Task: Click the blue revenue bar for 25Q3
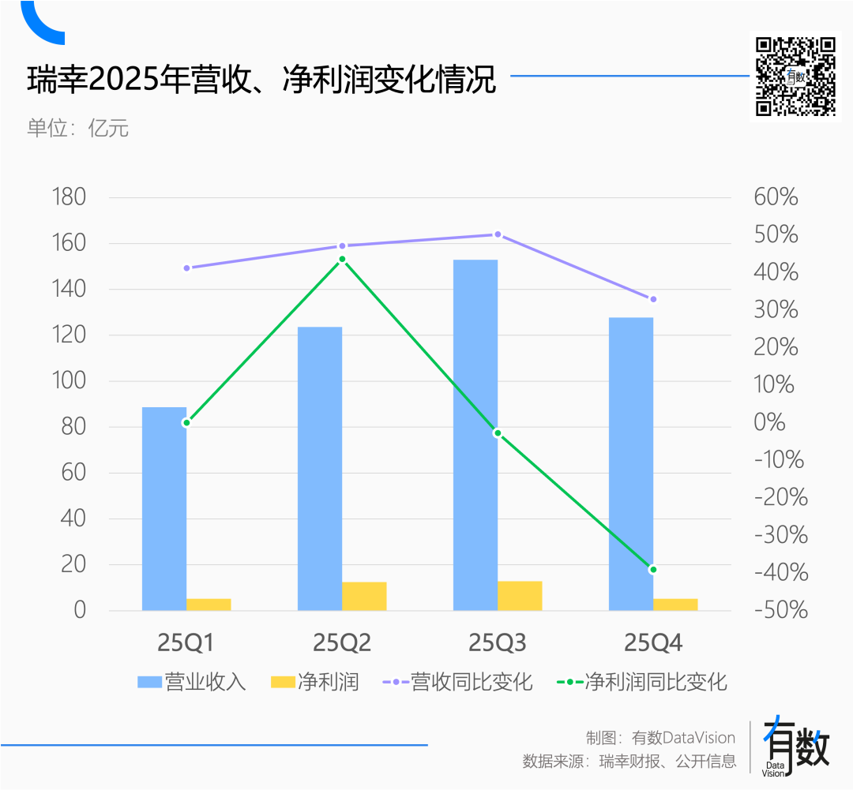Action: [475, 434]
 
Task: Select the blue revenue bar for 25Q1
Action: [164, 508]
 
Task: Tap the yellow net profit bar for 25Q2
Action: [364, 596]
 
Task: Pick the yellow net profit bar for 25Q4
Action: [675, 604]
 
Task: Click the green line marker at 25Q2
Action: [342, 259]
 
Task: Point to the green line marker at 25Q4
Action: [653, 569]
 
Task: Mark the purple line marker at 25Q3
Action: [498, 234]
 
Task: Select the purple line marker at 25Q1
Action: [187, 268]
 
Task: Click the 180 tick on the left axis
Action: [68, 197]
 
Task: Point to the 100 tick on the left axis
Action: [68, 381]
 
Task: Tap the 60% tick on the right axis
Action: [776, 197]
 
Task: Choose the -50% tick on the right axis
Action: [780, 610]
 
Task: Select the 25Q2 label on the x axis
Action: [342, 644]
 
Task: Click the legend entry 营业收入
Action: [192, 681]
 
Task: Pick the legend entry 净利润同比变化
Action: [641, 681]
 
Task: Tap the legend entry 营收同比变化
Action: [457, 681]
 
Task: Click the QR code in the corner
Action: [795, 77]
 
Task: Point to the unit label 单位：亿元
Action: [77, 128]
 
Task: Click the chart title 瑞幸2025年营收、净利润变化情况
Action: [261, 80]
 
